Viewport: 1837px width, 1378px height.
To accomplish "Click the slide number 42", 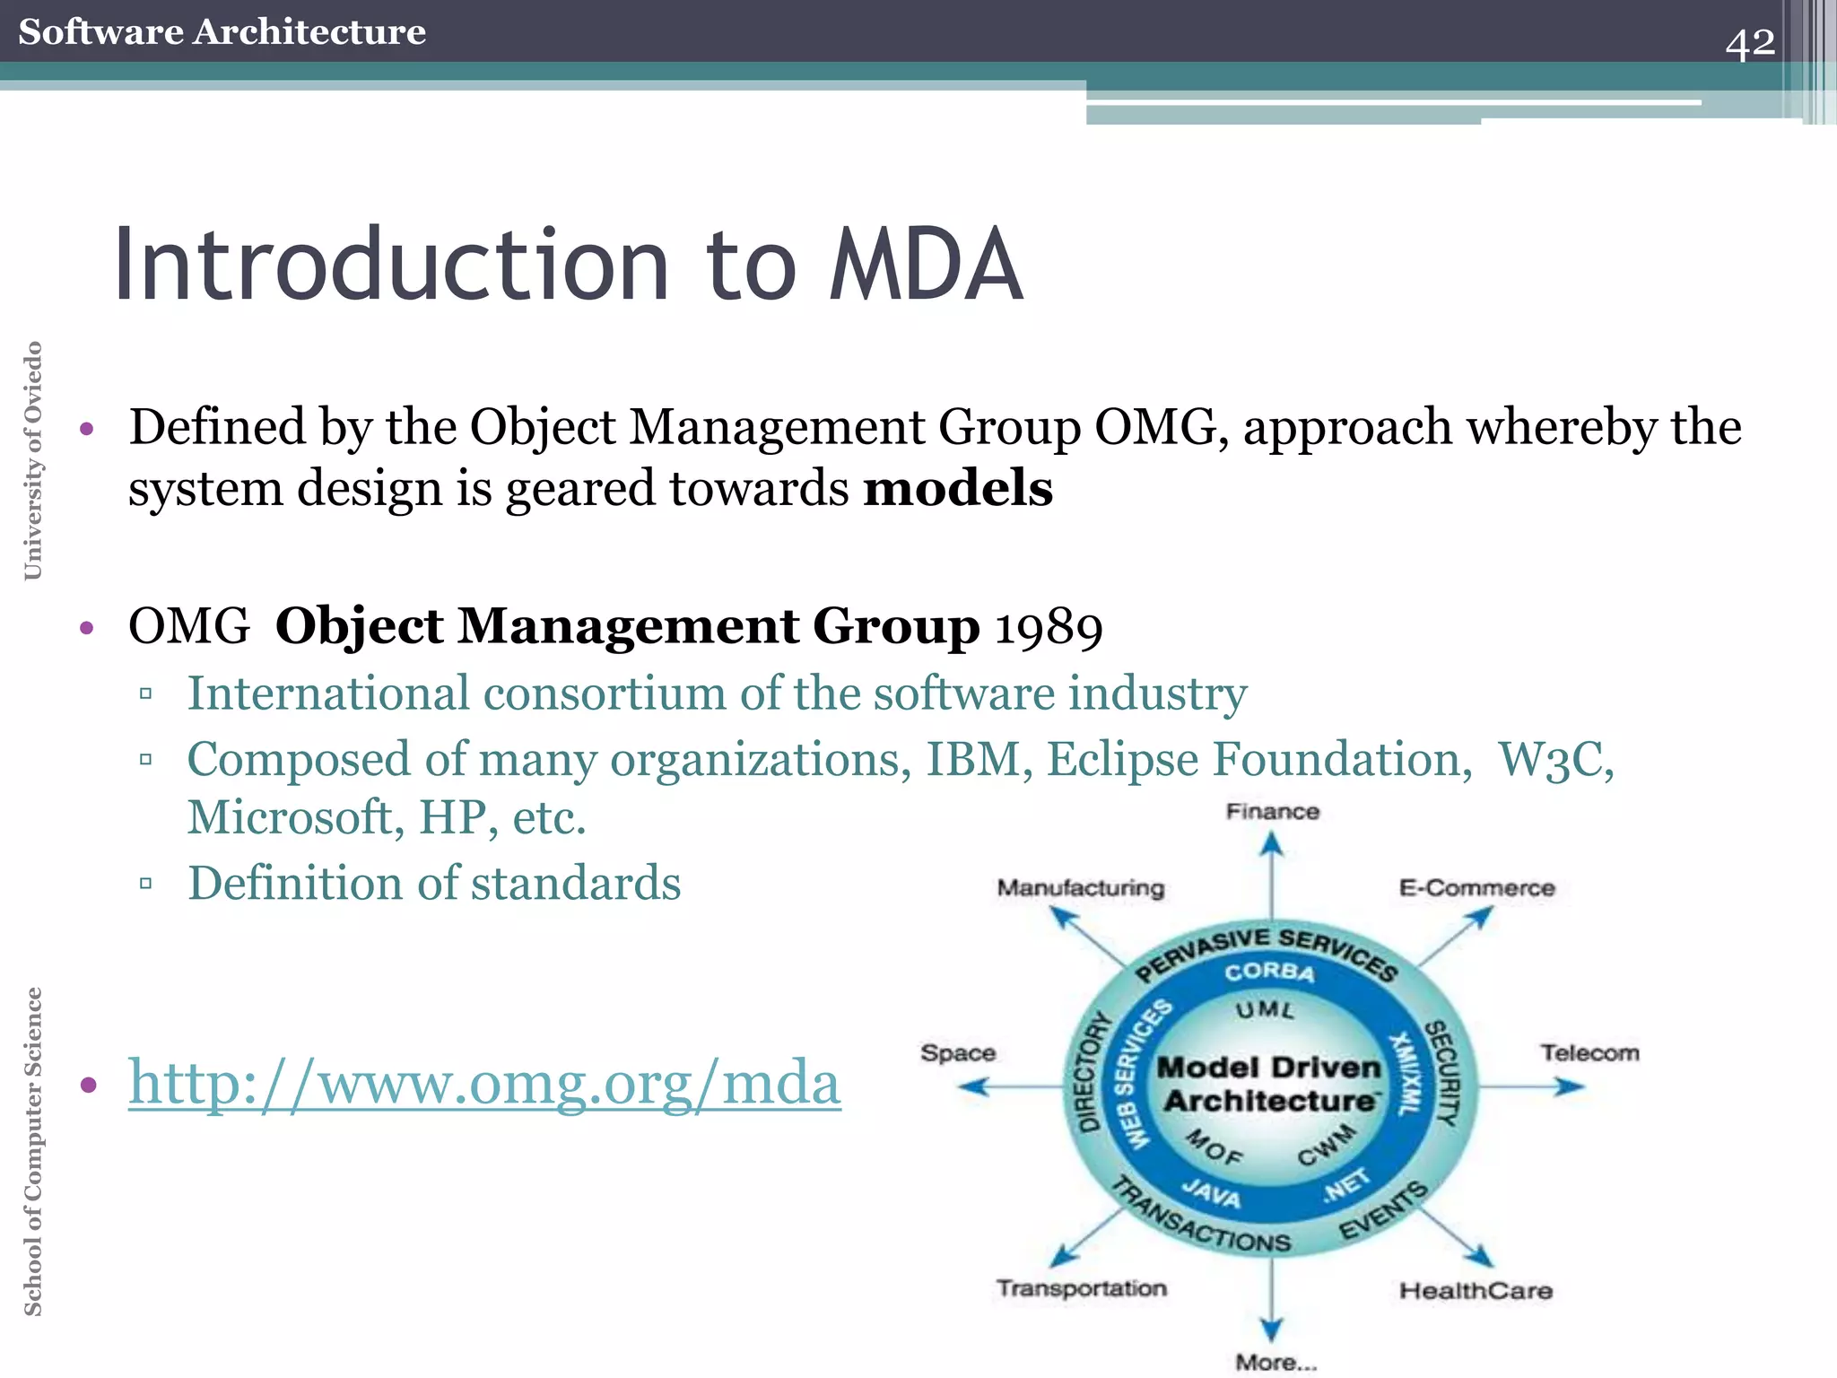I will tap(1749, 43).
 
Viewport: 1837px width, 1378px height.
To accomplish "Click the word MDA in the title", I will tap(925, 266).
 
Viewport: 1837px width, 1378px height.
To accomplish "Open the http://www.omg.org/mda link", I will tap(484, 1083).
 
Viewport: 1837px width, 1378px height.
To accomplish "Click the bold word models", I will tap(958, 489).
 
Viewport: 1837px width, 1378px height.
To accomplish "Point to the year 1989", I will tap(1049, 627).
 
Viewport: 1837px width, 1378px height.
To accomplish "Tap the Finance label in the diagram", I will tap(1272, 812).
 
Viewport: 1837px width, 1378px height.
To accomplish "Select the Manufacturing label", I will tap(1080, 888).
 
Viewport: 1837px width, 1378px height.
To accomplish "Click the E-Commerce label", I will tap(1476, 888).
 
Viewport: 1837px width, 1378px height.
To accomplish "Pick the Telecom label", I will tap(1589, 1053).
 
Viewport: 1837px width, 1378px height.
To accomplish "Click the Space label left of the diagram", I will tap(957, 1053).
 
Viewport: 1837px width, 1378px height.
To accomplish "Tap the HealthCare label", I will tap(1476, 1291).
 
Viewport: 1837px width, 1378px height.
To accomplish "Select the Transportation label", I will tap(1082, 1288).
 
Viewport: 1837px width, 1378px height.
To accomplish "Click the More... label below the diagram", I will tap(1275, 1362).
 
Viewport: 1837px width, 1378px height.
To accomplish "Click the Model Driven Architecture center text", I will tap(1270, 1084).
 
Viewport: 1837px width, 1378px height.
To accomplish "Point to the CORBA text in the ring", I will tap(1269, 972).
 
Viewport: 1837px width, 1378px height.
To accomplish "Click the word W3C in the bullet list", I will tap(1556, 760).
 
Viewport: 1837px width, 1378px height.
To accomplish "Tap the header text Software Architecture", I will tap(222, 32).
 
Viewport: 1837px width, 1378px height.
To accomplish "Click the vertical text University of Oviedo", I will tap(33, 460).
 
